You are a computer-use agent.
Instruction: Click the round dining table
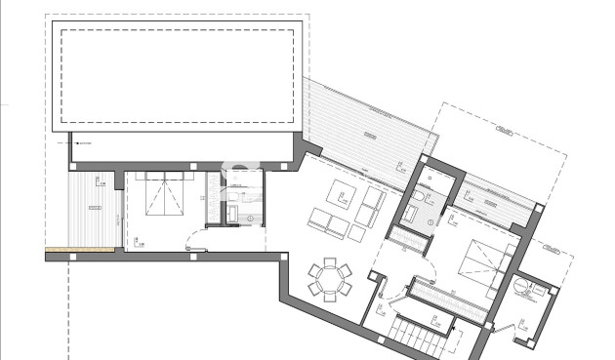coord(330,281)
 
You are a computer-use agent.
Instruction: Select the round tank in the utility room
coord(524,287)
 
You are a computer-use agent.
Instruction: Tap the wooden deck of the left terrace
coord(93,209)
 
